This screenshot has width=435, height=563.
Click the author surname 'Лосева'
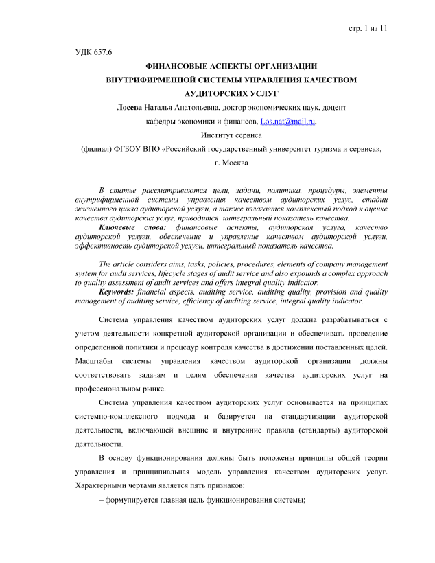(x=130, y=106)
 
